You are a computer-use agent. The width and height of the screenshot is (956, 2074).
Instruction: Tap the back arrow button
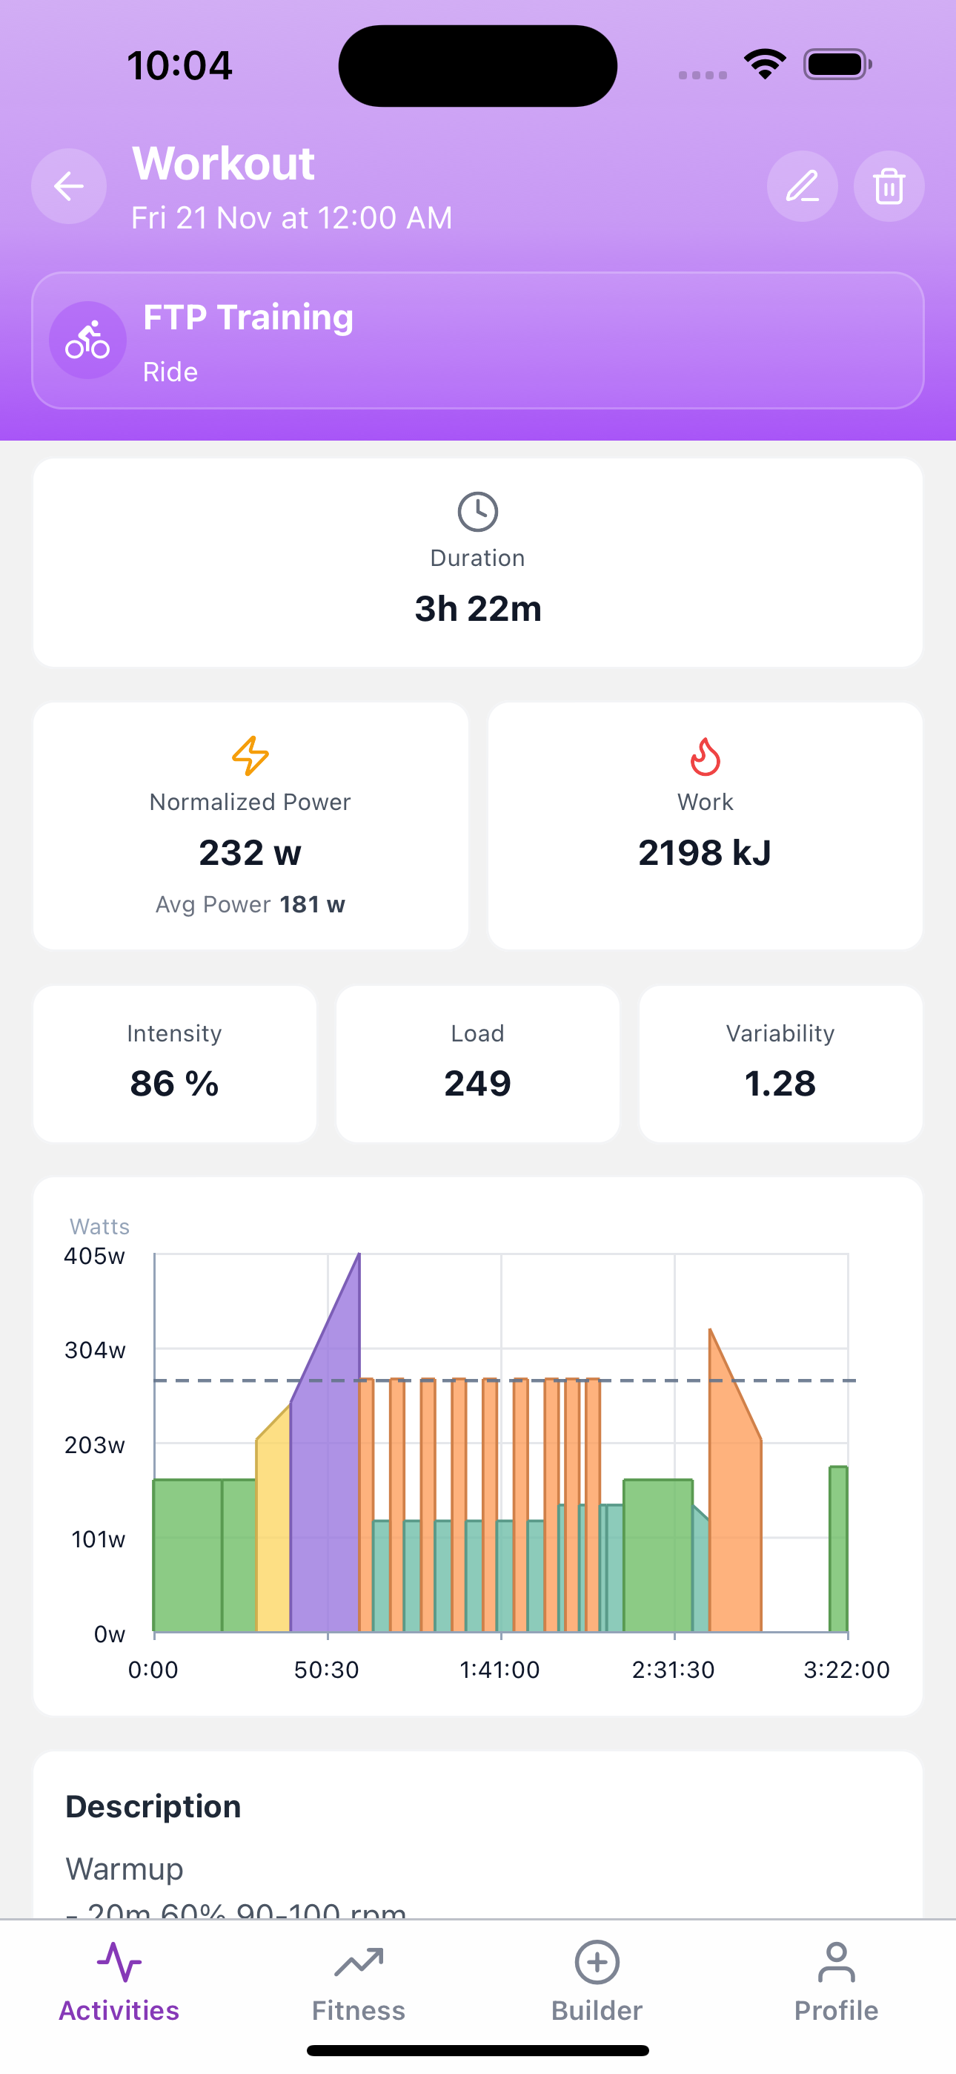[x=69, y=187]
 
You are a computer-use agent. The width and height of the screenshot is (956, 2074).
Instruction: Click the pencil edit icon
[x=803, y=187]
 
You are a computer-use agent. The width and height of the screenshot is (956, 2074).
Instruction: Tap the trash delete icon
[x=889, y=187]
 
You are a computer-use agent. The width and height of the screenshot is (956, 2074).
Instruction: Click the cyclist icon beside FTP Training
[x=87, y=340]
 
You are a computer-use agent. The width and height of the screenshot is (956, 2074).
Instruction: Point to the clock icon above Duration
[x=478, y=512]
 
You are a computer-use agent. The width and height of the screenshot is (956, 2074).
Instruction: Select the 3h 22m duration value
[x=478, y=609]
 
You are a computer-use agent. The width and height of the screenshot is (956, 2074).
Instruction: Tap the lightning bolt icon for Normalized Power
[x=250, y=756]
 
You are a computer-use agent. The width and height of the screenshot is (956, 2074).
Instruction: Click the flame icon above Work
[x=705, y=757]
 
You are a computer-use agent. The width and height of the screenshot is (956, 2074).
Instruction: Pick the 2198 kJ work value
[x=705, y=852]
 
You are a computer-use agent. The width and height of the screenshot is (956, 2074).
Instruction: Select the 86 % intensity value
[x=175, y=1084]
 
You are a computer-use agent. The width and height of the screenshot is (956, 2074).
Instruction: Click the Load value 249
[x=478, y=1084]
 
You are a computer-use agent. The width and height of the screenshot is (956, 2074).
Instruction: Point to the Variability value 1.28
[x=780, y=1084]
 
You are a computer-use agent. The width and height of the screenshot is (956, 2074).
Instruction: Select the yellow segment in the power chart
[x=273, y=1530]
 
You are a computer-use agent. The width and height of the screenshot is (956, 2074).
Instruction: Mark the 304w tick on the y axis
[x=95, y=1350]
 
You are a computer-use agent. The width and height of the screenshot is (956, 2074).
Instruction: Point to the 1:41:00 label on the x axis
[x=499, y=1670]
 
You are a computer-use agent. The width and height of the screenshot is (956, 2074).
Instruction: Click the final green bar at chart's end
[x=838, y=1550]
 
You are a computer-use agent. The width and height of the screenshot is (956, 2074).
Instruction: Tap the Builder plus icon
[x=597, y=1963]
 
